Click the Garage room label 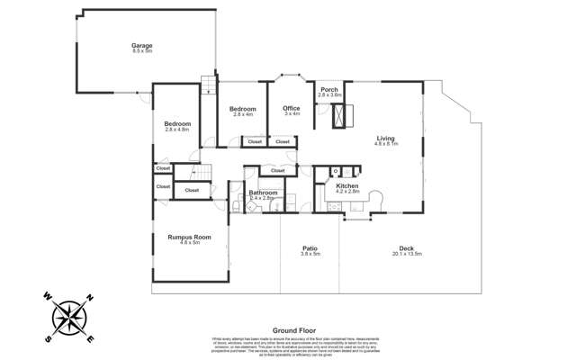point(141,45)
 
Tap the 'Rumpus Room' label point(189,237)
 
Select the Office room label point(292,108)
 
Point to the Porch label point(329,89)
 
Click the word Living point(385,139)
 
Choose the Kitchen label point(347,185)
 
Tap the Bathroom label point(263,192)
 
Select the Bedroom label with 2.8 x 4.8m point(177,123)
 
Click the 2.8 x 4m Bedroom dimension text point(244,114)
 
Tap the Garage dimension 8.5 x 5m point(141,50)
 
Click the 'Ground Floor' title point(292,330)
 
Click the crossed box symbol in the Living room point(340,115)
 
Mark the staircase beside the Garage point(209,85)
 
